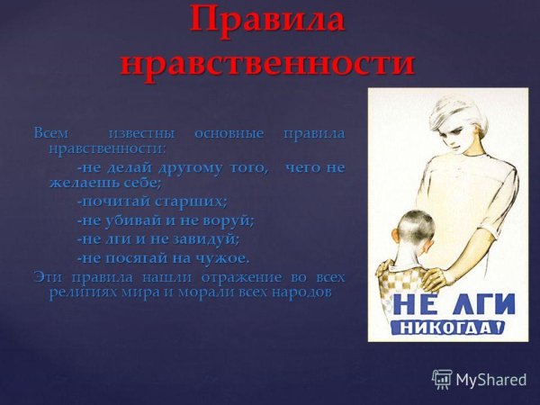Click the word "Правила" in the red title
268,21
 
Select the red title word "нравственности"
268,63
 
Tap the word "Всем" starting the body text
50,133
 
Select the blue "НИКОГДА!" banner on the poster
446,325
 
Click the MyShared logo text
490,380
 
